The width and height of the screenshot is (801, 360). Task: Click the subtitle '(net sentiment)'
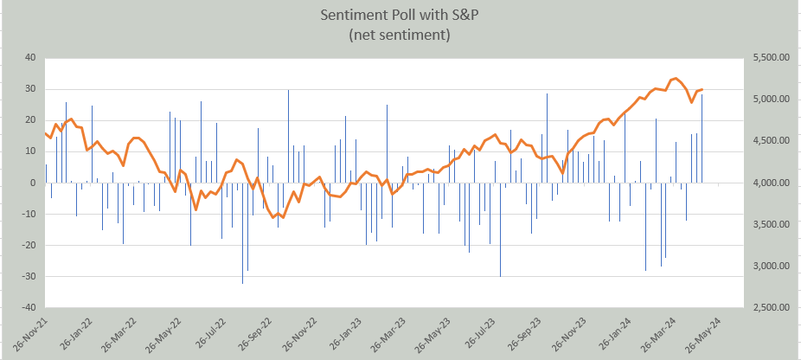tap(400, 35)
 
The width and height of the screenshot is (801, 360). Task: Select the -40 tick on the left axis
tap(29, 307)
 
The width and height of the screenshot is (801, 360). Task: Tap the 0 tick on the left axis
tap(33, 183)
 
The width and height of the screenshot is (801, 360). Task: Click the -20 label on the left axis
tap(29, 245)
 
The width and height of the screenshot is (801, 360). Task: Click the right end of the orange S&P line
tap(702, 89)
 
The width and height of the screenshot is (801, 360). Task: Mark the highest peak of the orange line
tap(675, 79)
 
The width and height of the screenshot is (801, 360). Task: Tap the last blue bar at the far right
tap(702, 138)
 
